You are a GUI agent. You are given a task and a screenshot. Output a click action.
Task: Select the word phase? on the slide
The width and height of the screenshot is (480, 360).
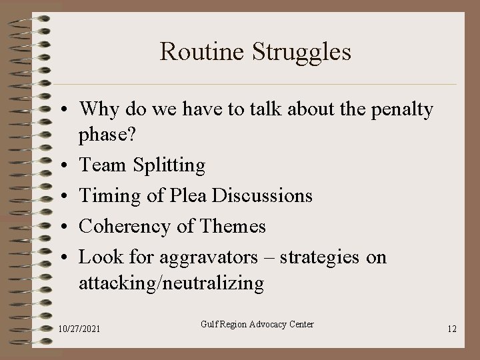coord(107,136)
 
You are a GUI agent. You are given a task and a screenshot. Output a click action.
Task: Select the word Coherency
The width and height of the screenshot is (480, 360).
coord(125,227)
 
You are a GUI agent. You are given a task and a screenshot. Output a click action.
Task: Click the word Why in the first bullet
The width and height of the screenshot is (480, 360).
coord(97,109)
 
